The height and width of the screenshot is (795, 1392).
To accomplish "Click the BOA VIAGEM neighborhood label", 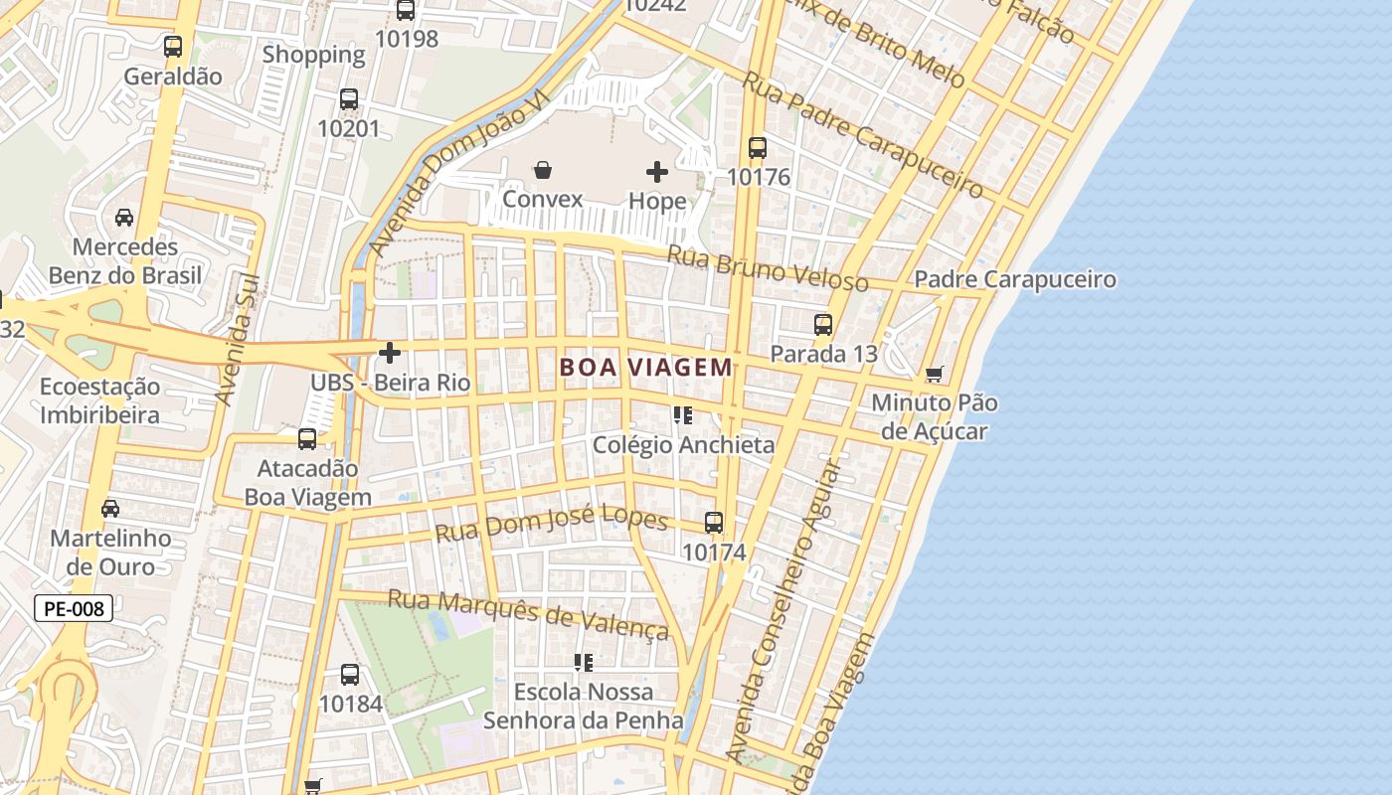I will (645, 368).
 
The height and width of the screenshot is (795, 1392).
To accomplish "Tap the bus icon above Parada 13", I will (823, 325).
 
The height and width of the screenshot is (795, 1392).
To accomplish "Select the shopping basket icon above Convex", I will (542, 171).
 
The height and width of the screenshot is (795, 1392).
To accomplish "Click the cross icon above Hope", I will (657, 172).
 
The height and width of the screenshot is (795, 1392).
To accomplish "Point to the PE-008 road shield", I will (74, 608).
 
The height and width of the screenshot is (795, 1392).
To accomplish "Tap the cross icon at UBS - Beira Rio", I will (390, 353).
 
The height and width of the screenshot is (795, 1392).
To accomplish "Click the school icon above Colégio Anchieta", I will (682, 415).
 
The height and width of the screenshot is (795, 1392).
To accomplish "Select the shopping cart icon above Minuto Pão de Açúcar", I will (934, 375).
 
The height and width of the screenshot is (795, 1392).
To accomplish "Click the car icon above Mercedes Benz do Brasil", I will (124, 218).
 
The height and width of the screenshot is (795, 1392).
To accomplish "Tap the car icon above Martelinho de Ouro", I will (110, 509).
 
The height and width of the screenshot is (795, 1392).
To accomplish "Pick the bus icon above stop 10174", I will (714, 523).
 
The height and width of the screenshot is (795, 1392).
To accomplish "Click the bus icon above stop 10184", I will (350, 675).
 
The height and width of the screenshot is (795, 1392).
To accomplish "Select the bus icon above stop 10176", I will (758, 148).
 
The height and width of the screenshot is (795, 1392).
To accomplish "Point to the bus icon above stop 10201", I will (349, 99).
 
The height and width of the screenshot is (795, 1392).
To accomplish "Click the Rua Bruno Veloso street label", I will (767, 268).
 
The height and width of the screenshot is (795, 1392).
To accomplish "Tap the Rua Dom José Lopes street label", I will (551, 523).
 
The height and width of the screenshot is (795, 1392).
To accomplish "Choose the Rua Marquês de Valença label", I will (528, 613).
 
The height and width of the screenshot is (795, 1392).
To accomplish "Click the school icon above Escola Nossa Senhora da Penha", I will (584, 662).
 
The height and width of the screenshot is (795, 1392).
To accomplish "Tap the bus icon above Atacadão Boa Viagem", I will (307, 439).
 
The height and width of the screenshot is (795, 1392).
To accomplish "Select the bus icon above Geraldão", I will (173, 47).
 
